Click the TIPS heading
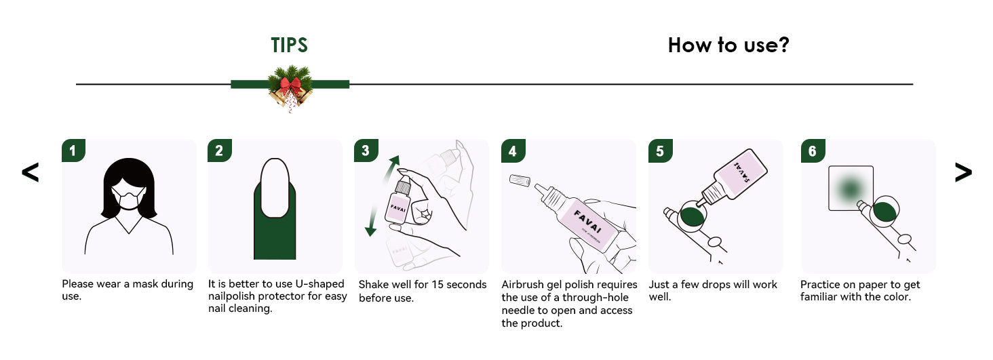pos(289,45)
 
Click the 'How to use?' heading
pos(728,45)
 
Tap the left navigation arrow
pos(30,172)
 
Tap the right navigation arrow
pos(963,172)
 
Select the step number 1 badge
pos(73,151)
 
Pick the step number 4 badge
pos(513,151)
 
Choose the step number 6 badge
pos(813,151)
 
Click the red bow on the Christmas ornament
pos(290,84)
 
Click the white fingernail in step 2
pos(275,188)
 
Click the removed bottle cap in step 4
pos(520,180)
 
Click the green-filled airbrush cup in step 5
pos(691,216)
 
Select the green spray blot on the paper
pos(850,189)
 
